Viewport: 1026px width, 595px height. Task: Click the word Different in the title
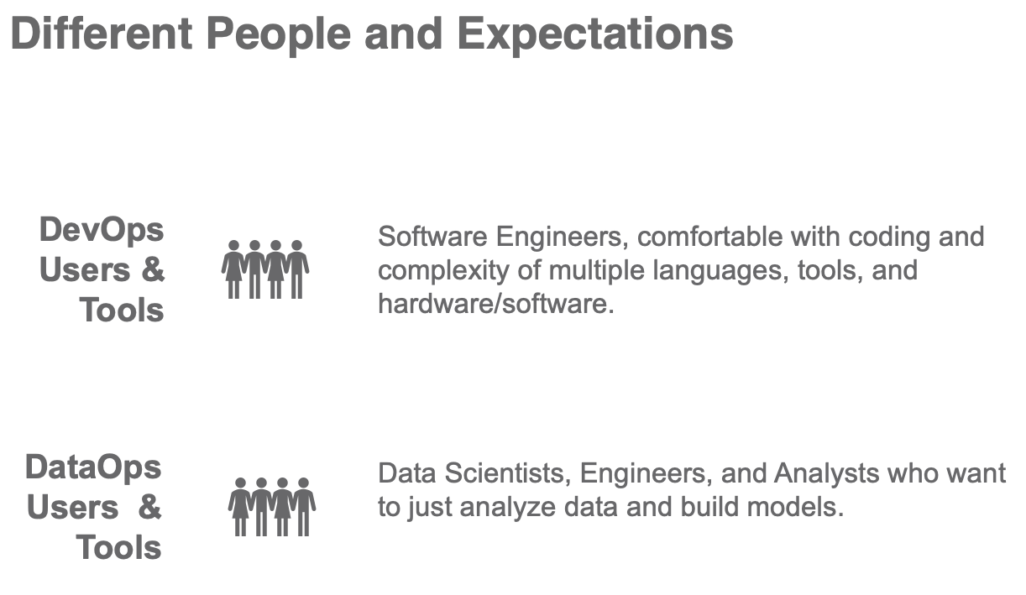[102, 34]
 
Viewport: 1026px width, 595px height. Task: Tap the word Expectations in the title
[595, 36]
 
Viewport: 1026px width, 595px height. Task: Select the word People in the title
[279, 36]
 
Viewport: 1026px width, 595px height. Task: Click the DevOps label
[102, 231]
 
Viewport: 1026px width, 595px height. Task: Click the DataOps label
[93, 468]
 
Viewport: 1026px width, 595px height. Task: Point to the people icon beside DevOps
[265, 269]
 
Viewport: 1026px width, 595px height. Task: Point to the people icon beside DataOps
[272, 507]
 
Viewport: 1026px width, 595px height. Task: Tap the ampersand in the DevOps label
[153, 269]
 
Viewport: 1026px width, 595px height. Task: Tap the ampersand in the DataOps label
[149, 507]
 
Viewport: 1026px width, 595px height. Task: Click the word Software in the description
[433, 237]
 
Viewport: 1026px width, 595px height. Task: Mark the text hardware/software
[496, 304]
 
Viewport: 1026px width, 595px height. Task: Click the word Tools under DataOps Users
[118, 547]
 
